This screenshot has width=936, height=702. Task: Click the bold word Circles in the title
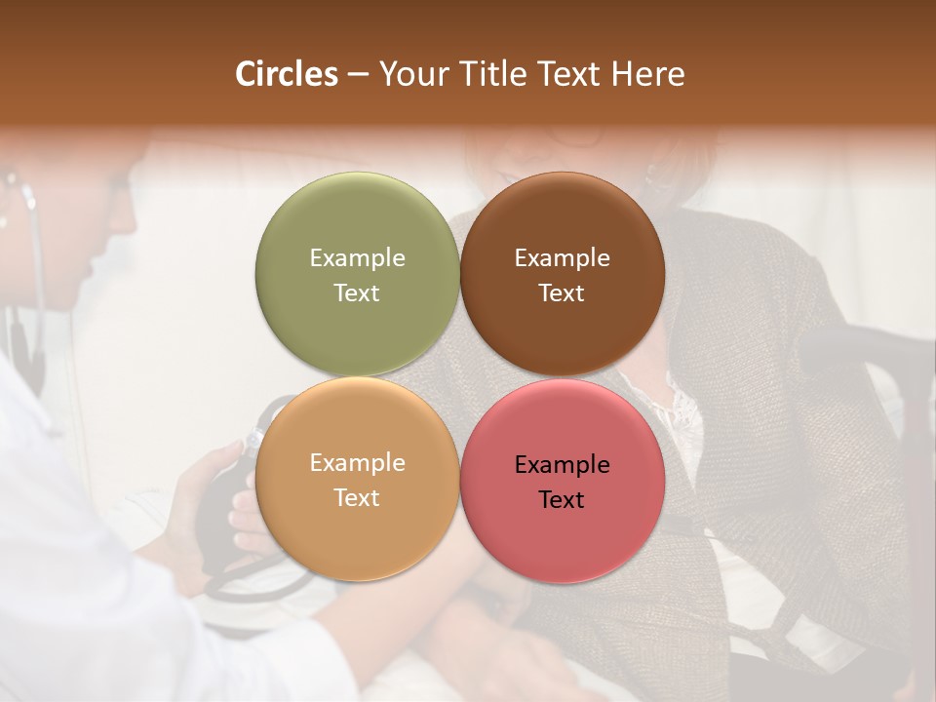click(x=286, y=74)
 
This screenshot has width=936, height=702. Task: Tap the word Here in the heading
click(x=647, y=74)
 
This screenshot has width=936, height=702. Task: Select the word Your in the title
click(x=409, y=74)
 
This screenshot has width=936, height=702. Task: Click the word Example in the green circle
click(x=357, y=257)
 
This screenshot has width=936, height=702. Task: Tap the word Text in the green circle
click(x=357, y=292)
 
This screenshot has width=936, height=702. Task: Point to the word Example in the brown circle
click(x=562, y=257)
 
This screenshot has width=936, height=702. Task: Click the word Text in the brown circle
click(x=562, y=292)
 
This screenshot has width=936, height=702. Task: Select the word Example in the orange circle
click(x=357, y=463)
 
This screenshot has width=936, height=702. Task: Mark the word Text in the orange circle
click(x=357, y=497)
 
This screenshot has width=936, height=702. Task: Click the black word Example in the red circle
click(x=562, y=465)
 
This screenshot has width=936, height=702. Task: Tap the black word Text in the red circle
click(x=562, y=499)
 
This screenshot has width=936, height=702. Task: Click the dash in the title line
click(x=358, y=75)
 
